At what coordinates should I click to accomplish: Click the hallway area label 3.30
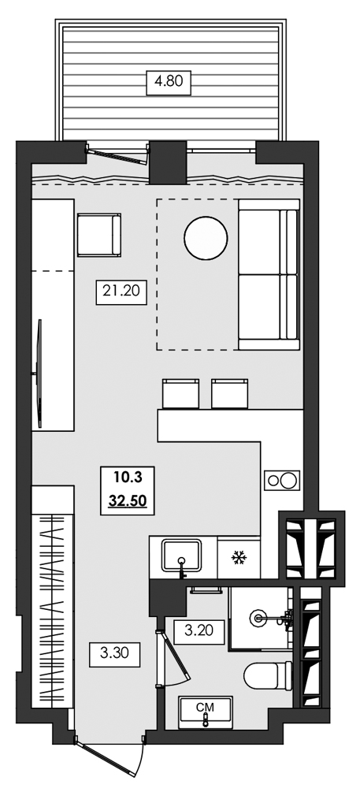115,652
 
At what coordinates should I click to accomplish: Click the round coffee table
206,236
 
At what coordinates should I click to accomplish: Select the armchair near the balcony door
98,236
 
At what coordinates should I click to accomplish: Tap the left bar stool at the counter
180,392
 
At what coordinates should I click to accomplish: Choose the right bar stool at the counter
231,392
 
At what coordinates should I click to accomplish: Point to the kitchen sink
183,556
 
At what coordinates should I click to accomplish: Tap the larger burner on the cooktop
289,478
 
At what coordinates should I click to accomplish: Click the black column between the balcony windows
166,161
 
